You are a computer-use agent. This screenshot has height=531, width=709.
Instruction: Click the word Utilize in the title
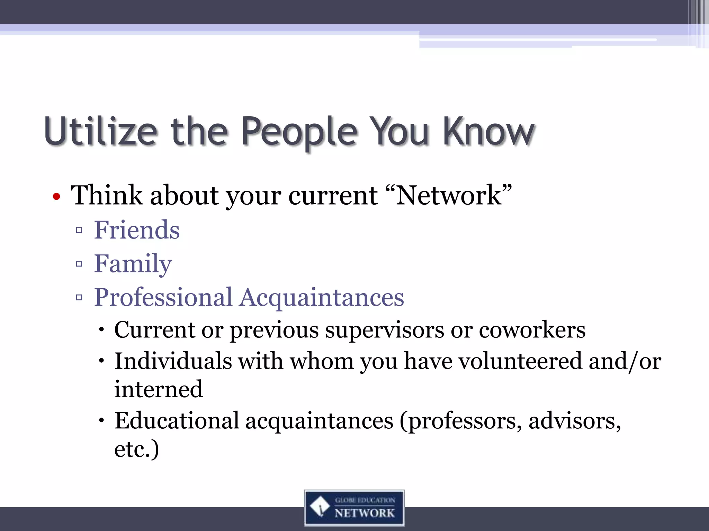coord(100,131)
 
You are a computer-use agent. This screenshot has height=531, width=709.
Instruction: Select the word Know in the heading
coord(488,131)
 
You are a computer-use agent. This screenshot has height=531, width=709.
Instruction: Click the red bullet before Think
coord(56,197)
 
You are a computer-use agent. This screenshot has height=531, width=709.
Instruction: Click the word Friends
coord(137,230)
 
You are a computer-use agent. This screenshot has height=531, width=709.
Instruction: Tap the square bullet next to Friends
coord(79,230)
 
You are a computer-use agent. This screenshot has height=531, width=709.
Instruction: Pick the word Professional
coord(163,297)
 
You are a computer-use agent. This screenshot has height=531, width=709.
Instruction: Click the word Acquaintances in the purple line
coord(322,297)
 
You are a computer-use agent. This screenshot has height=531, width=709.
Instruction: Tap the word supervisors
coord(384,330)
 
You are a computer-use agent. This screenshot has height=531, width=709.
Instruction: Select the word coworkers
coord(532,330)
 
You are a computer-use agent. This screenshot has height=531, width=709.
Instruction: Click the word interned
coord(159,389)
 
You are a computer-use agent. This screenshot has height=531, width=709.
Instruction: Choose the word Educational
coord(177,421)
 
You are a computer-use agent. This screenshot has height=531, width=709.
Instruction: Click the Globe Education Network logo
coord(354,508)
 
